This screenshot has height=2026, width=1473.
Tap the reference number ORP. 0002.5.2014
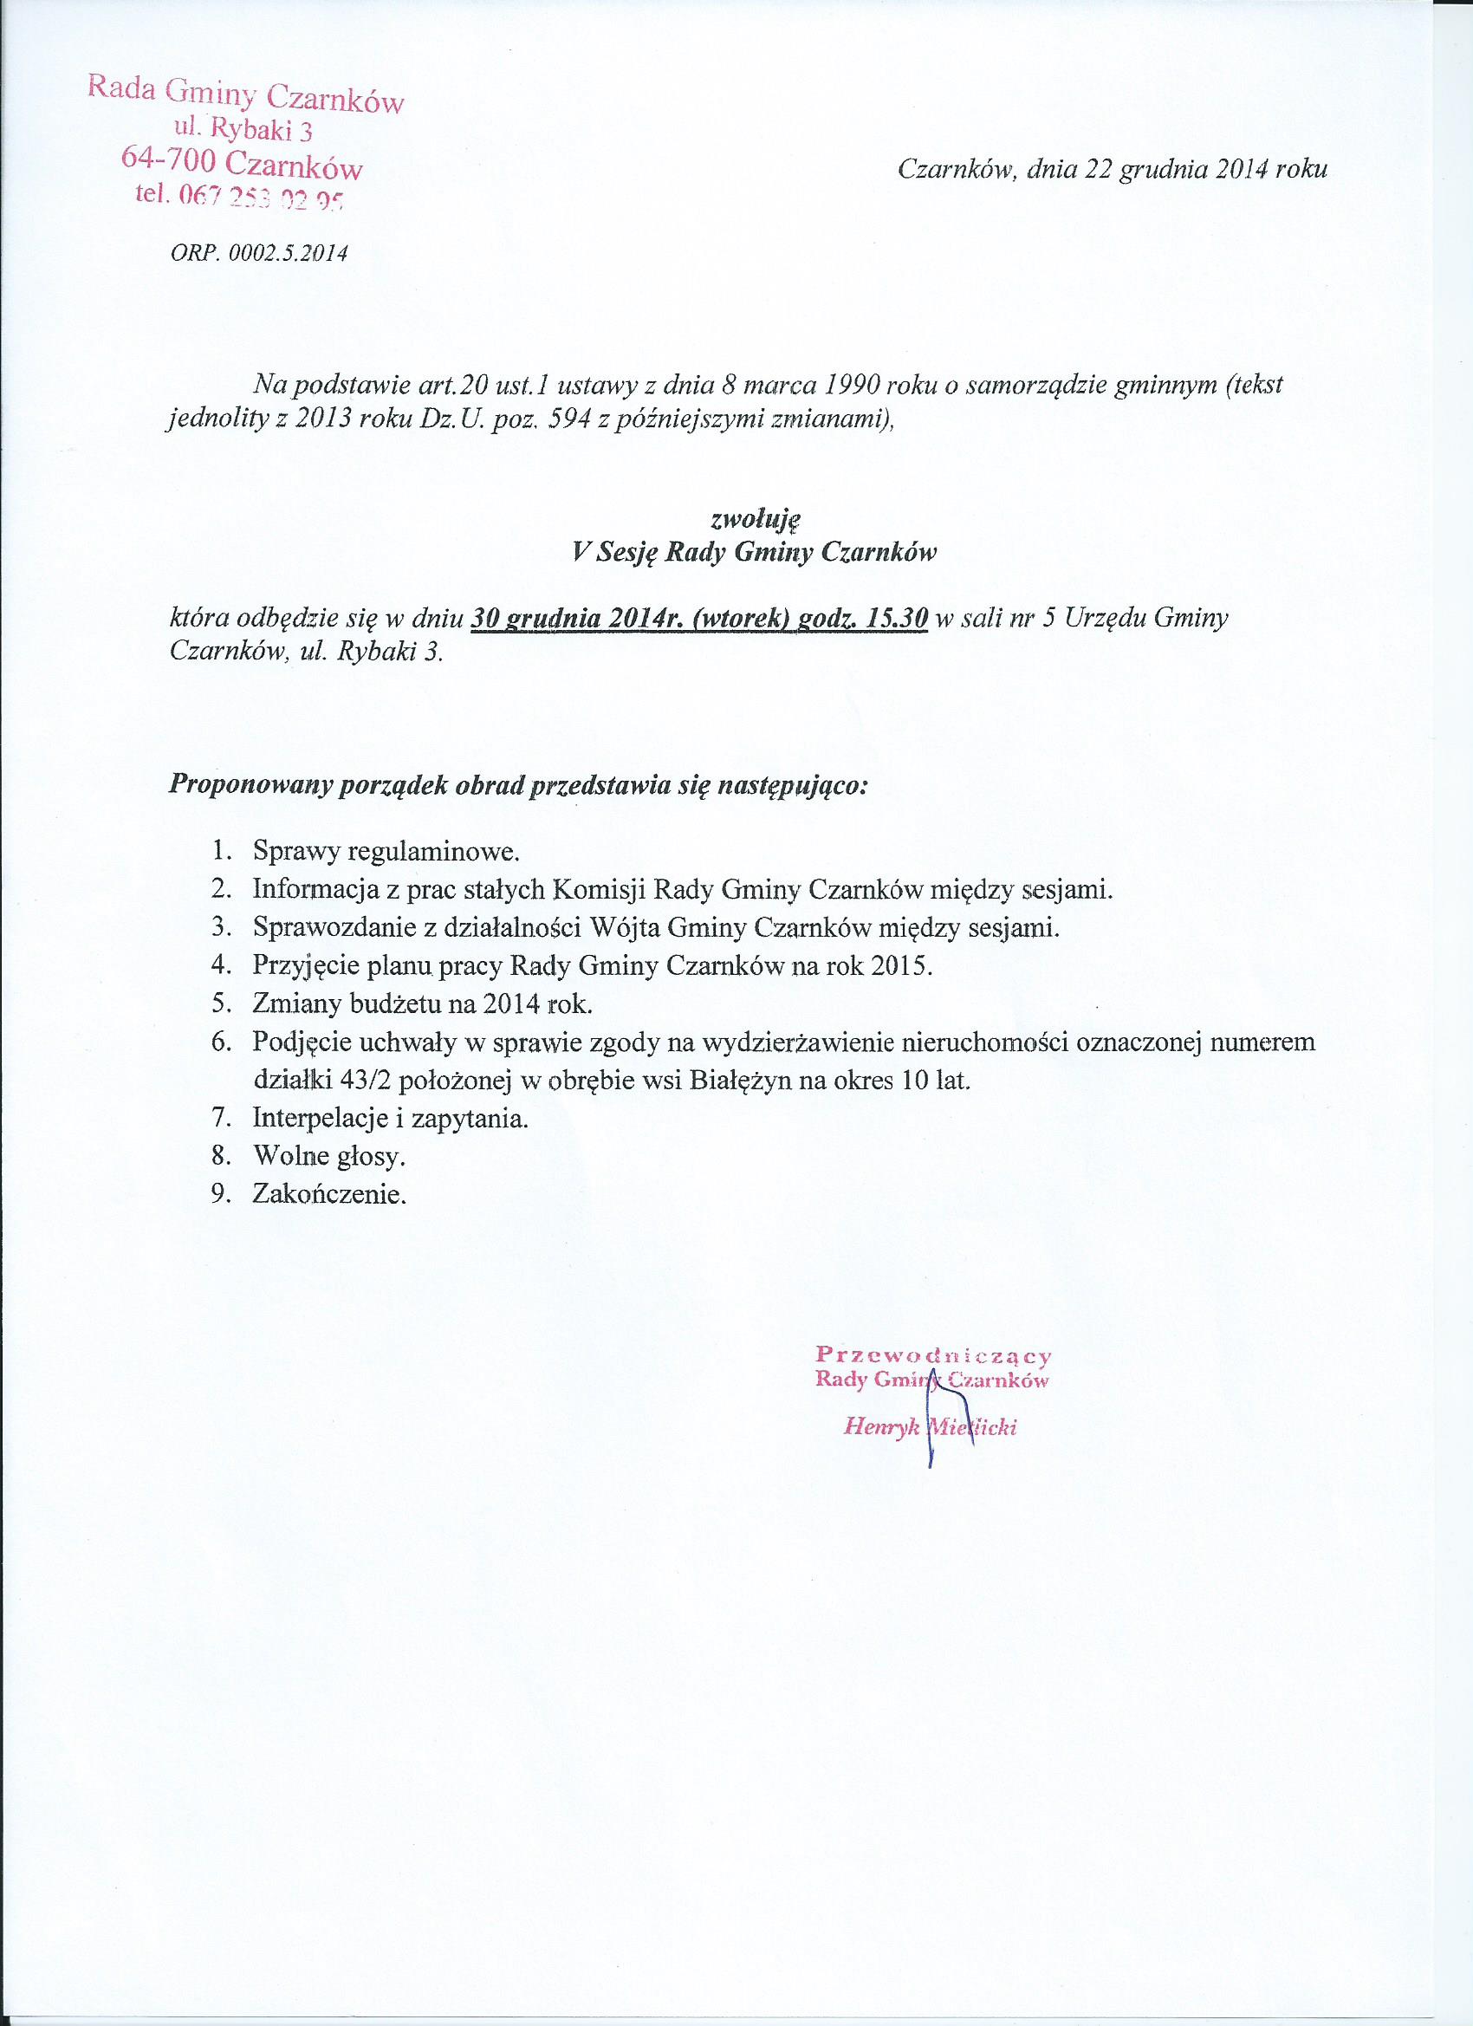pos(258,254)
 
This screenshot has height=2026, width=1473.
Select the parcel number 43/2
pos(368,1081)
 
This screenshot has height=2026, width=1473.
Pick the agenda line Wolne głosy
pos(329,1157)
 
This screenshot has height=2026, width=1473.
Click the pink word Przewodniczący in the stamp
pos(934,1354)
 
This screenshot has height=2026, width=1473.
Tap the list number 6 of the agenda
pos(221,1042)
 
